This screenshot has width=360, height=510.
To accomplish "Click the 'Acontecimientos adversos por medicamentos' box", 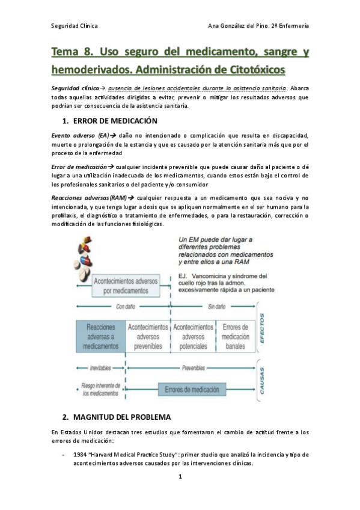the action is pos(126,285).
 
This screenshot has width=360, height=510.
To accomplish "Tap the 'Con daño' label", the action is pos(125,306).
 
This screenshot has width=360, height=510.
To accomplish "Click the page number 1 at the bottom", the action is pos(180,476).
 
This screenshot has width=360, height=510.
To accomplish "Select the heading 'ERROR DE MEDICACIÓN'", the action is pos(114,121).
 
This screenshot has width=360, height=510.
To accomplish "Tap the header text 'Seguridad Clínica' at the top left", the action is pos(74,26).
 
